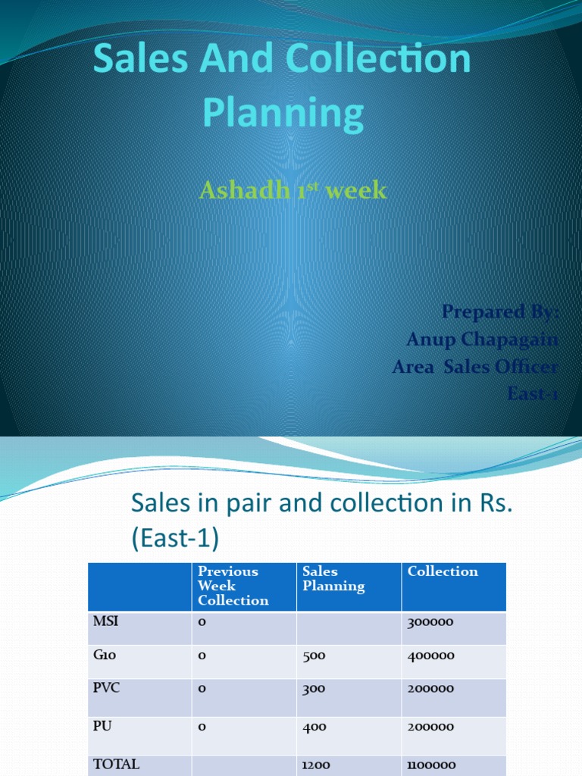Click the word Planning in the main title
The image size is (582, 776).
(283, 113)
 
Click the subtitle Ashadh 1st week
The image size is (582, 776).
(293, 190)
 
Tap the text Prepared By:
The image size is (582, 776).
(499, 311)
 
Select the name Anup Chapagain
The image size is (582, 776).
(482, 339)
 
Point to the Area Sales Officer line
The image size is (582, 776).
(474, 367)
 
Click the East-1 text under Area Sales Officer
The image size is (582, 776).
(532, 393)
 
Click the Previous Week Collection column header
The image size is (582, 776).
(233, 586)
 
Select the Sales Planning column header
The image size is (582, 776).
(333, 579)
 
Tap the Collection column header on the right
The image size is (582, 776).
(443, 571)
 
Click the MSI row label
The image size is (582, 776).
(106, 621)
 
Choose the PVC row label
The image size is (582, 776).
(107, 688)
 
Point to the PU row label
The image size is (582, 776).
(103, 726)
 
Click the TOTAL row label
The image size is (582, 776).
(116, 764)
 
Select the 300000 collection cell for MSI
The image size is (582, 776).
(430, 622)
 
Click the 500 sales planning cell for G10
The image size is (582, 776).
(314, 656)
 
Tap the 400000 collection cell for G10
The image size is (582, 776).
(430, 656)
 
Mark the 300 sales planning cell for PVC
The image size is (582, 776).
(314, 689)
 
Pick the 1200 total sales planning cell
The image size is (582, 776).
(316, 765)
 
